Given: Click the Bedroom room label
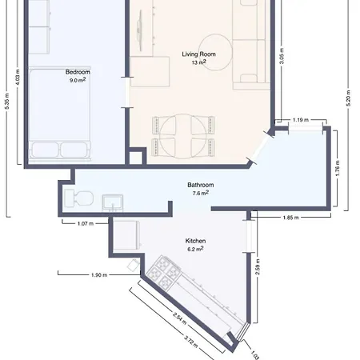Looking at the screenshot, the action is click(x=78, y=72).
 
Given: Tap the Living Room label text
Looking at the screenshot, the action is click(x=198, y=54).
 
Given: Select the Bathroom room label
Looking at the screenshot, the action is click(x=201, y=185).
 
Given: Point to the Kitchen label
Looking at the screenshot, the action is click(x=195, y=241).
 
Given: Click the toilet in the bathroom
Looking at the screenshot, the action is click(x=78, y=198).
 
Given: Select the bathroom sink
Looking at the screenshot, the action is click(x=113, y=203).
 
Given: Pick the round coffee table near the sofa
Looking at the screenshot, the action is click(x=215, y=52).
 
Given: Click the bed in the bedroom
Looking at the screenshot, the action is click(x=60, y=114).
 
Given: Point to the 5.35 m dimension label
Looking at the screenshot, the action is click(x=7, y=101).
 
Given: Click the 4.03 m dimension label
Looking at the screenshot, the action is click(x=18, y=77).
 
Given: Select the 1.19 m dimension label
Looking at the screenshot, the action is click(x=301, y=120).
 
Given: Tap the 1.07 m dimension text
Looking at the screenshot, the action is click(x=86, y=223).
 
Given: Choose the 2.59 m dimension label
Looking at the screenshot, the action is click(x=258, y=266).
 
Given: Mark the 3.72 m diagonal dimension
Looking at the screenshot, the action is click(x=191, y=342).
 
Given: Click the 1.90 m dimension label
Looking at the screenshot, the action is click(x=99, y=275).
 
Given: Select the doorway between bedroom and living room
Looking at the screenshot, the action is click(x=127, y=93).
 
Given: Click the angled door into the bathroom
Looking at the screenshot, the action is click(x=260, y=148).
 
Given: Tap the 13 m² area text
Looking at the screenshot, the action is click(x=198, y=62).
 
